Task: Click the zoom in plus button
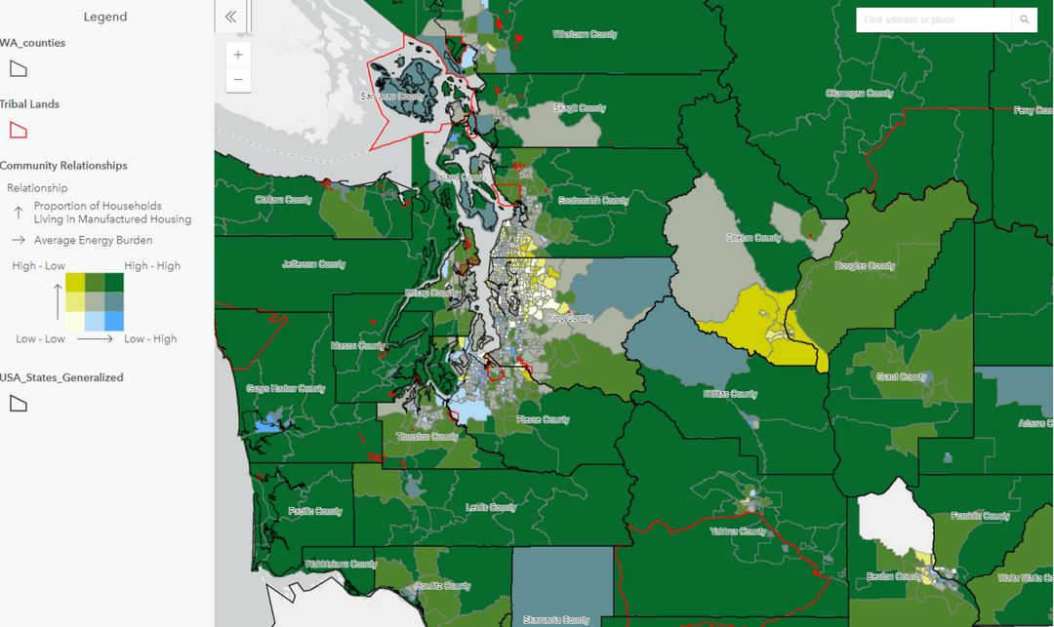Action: [238, 55]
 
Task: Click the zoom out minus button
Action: [238, 80]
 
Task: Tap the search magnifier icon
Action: [1024, 20]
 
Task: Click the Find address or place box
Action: [933, 20]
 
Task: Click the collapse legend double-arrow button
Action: [231, 17]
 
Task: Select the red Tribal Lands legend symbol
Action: [18, 130]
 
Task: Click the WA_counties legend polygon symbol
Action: [18, 68]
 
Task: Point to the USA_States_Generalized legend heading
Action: [61, 377]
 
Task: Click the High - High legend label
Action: [151, 265]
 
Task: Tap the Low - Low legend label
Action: [40, 338]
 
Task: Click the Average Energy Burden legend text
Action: [93, 240]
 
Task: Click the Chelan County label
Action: [752, 238]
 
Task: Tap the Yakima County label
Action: [739, 531]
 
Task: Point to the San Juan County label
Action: [392, 96]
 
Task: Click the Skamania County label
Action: [556, 619]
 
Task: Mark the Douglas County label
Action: [865, 265]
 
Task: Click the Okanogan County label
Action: [859, 94]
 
